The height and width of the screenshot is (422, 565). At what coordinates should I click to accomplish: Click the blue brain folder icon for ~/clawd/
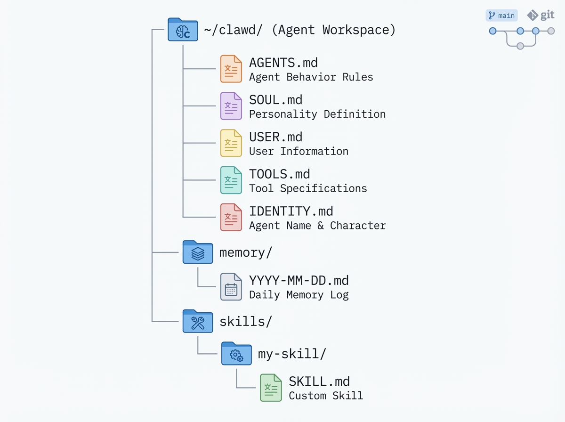[x=183, y=30]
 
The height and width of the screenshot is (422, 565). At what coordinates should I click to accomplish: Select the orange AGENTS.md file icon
[x=231, y=69]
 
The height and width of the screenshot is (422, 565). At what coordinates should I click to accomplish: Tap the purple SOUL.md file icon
[x=231, y=106]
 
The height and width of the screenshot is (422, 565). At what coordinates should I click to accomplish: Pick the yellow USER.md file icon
[x=231, y=143]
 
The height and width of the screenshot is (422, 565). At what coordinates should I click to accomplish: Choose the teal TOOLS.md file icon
[x=231, y=180]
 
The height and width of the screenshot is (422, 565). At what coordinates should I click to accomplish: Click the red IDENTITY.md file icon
[x=231, y=217]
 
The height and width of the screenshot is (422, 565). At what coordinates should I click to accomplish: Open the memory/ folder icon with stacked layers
[x=198, y=252]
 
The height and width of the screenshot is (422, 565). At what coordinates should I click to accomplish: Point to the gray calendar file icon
[x=231, y=287]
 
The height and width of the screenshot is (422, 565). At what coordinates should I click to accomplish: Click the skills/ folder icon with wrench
[x=198, y=322]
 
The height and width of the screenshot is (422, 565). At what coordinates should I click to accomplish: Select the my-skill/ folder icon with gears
[x=236, y=354]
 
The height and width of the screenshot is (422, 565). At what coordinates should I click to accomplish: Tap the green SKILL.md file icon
[x=271, y=388]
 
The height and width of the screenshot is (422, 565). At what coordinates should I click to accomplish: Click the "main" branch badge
[x=501, y=16]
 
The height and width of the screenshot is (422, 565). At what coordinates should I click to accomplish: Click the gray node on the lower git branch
[x=520, y=46]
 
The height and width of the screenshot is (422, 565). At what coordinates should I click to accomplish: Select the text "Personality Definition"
[x=317, y=114]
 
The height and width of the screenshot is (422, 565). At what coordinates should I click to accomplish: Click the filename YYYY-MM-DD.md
[x=299, y=281]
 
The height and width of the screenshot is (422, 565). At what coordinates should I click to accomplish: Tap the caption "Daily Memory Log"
[x=299, y=295]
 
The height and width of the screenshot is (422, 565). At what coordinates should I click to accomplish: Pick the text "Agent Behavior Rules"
[x=311, y=77]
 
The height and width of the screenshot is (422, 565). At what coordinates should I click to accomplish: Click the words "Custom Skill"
[x=326, y=396]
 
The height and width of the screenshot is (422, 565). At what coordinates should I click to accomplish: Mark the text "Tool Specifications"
[x=308, y=189]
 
